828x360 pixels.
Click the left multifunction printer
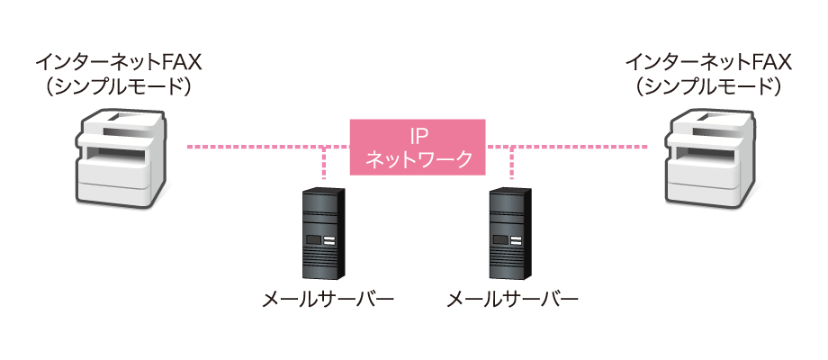pos(120,157)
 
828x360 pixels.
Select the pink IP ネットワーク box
pos(417,147)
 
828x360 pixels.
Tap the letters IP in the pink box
pos(417,135)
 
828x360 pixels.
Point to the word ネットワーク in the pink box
pos(417,159)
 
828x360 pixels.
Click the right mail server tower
pos(509,234)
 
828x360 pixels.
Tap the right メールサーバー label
pos(513,299)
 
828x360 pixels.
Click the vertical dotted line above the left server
pos(324,166)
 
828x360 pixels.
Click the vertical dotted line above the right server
pos(511,166)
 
